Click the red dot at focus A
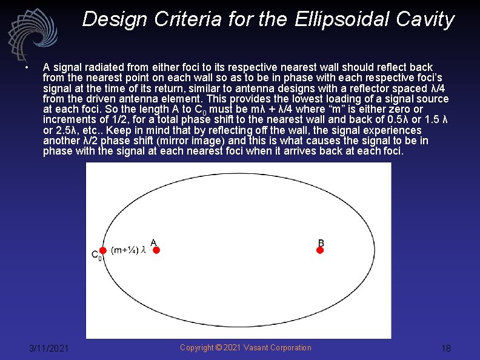coord(156,250)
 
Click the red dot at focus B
coord(320,250)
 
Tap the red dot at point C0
coord(103,250)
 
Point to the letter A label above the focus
coord(153,243)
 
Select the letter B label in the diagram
coord(321,243)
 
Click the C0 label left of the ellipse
coord(96,256)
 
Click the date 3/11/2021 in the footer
coord(49,348)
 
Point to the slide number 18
coord(446,348)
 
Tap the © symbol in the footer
coord(218,347)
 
